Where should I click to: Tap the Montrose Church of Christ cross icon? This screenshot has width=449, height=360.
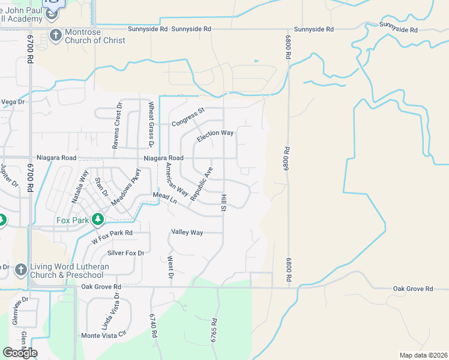[x=56, y=35]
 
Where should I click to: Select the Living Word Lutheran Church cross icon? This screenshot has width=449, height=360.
[x=20, y=269]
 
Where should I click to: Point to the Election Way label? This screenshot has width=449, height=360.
[x=215, y=136]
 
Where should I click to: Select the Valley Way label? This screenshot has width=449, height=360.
[x=187, y=232]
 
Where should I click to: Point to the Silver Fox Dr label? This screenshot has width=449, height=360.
[x=126, y=253]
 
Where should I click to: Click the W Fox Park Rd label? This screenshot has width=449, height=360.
[x=112, y=236]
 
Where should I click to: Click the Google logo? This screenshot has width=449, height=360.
[x=20, y=353]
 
